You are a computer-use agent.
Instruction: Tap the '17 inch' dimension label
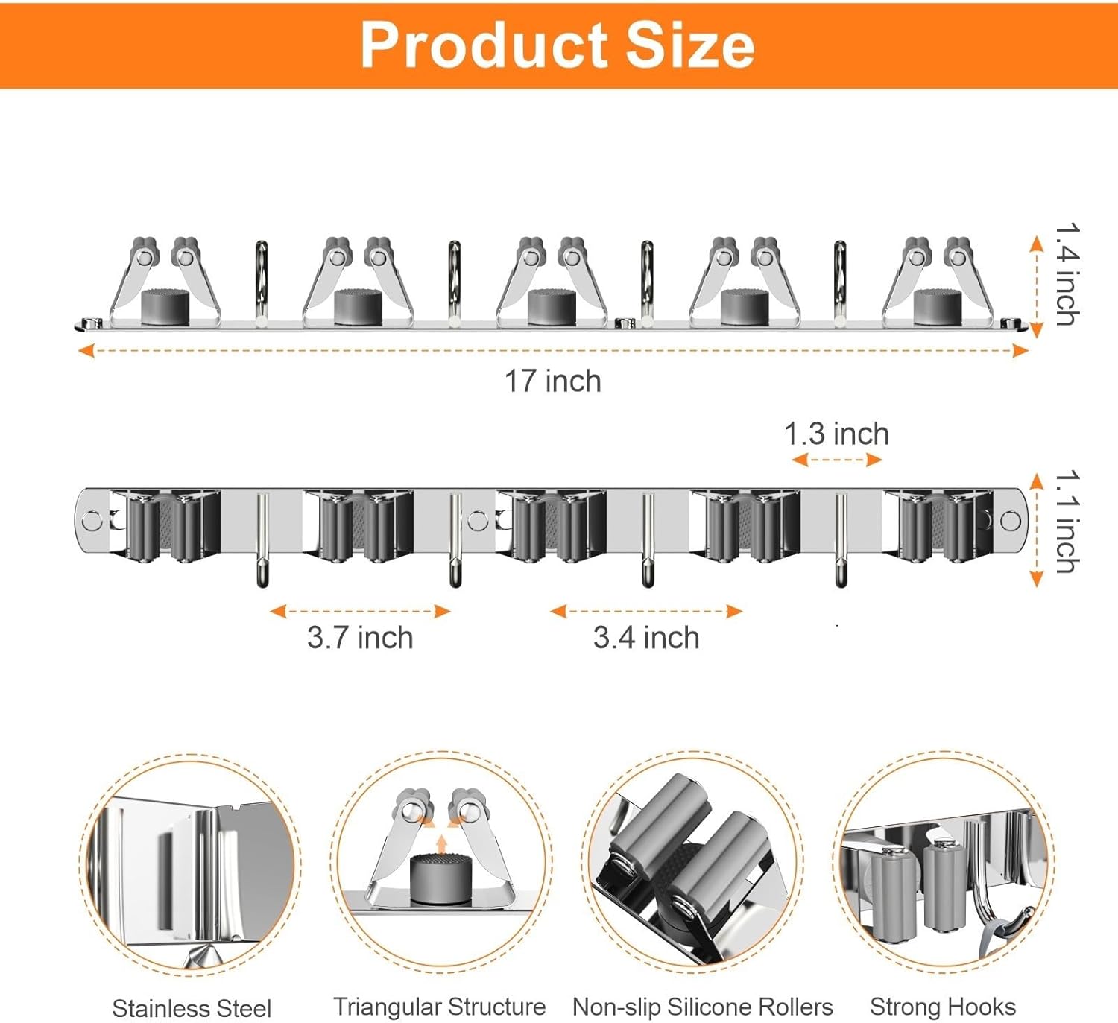tap(552, 381)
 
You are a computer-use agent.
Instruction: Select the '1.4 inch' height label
tap(1067, 274)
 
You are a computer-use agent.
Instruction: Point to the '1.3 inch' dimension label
tap(836, 434)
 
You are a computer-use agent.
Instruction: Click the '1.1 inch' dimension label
tap(1067, 522)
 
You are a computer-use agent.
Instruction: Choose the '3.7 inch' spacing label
tap(360, 638)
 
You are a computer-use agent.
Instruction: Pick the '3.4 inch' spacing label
tap(646, 638)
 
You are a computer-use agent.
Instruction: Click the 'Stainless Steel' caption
tap(192, 1008)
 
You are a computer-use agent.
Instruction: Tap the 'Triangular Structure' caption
tap(439, 1007)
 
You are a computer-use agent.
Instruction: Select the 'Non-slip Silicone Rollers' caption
tap(702, 1007)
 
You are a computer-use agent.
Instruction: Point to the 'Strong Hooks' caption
tap(943, 1007)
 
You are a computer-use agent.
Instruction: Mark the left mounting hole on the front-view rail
tap(92, 520)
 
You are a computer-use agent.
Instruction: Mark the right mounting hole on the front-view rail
tap(1011, 520)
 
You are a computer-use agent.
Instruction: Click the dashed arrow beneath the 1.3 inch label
tap(836, 460)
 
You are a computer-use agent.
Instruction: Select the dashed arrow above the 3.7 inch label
tap(360, 612)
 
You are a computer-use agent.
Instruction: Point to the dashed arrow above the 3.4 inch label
tap(646, 612)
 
